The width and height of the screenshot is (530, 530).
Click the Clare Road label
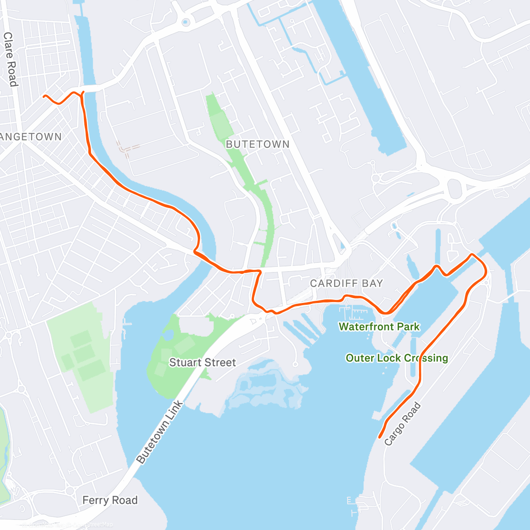click(x=10, y=59)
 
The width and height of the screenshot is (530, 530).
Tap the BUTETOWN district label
click(x=257, y=144)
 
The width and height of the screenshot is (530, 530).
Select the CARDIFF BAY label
click(x=346, y=284)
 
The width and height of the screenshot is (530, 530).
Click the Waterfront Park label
click(x=379, y=327)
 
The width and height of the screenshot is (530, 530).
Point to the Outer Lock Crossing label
click(x=397, y=358)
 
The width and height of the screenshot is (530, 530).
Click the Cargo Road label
click(x=402, y=424)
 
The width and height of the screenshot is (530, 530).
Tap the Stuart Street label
click(x=202, y=363)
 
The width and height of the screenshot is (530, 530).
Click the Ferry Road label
click(x=110, y=500)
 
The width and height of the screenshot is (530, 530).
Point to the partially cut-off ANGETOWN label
click(x=31, y=137)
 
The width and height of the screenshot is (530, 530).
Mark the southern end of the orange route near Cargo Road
click(x=380, y=437)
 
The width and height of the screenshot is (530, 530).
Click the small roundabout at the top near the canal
click(x=186, y=21)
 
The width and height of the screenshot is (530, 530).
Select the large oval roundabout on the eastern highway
click(x=454, y=189)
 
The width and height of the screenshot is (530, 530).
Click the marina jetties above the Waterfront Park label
click(x=353, y=313)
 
